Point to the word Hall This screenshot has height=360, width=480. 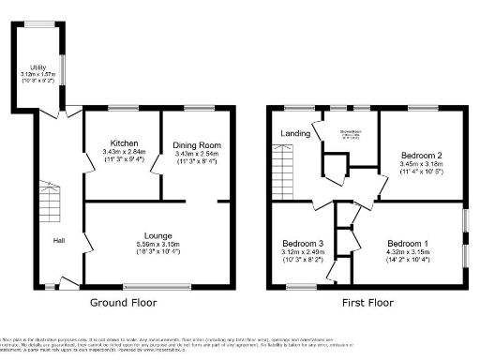(58, 241)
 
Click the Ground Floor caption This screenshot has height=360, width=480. (127, 303)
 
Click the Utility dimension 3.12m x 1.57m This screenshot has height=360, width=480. (37, 75)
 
